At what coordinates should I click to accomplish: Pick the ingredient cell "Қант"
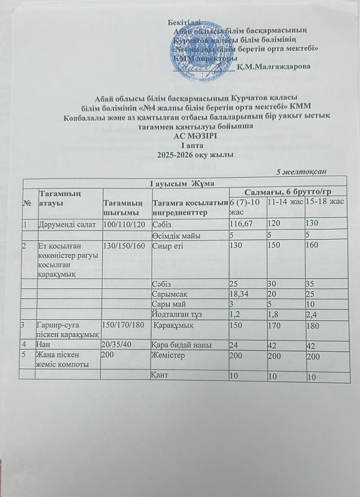click(x=160, y=376)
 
